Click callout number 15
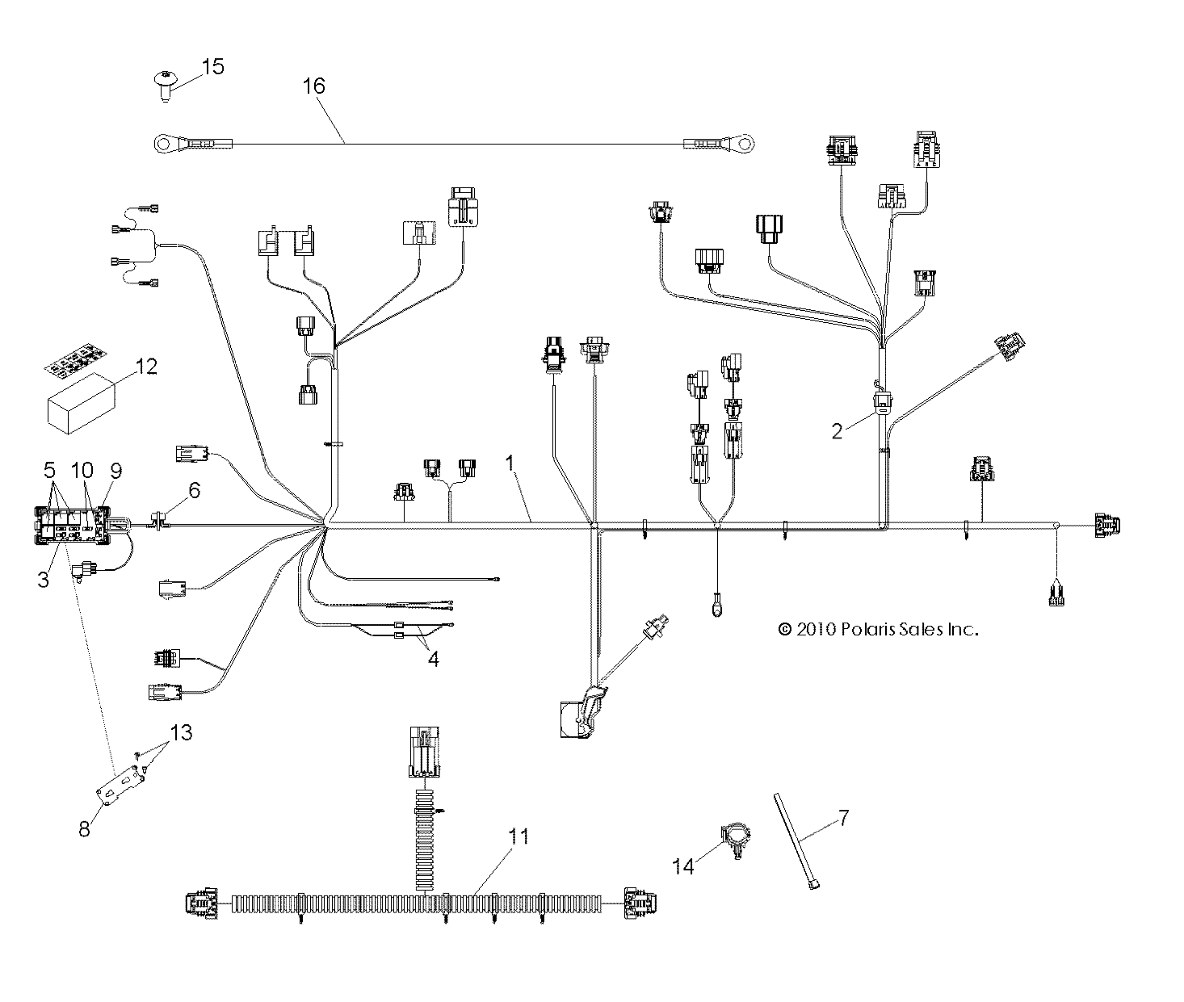[212, 66]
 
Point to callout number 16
[314, 85]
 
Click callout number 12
[146, 367]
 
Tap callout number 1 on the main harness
[510, 463]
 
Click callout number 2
[838, 430]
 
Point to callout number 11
[519, 836]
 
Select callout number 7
[843, 818]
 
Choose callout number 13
[183, 732]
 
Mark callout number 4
[434, 659]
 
